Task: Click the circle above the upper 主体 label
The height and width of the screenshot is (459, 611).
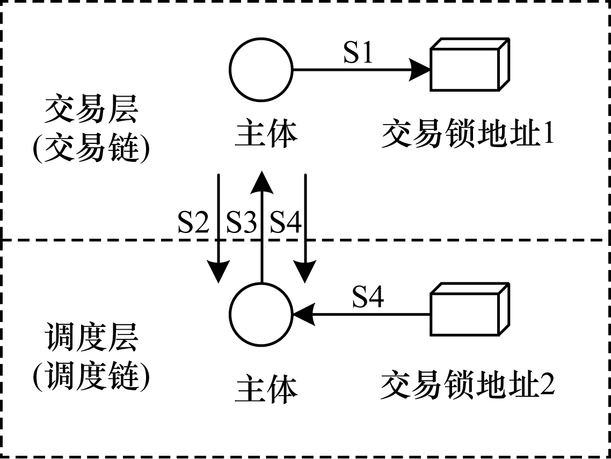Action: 261,69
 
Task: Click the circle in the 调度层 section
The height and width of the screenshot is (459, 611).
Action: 261,314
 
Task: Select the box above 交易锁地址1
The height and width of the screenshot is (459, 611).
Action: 470,65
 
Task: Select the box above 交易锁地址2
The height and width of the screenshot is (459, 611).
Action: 470,310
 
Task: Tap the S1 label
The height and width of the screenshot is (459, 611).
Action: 358,53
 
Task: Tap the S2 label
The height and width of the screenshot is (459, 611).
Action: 193,222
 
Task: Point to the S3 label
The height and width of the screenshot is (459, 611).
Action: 242,222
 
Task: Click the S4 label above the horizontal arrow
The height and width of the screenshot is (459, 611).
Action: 368,297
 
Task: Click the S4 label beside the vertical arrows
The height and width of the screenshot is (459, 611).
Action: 286,222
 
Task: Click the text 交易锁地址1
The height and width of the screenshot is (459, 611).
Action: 468,134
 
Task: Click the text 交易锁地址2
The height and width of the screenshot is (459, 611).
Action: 468,386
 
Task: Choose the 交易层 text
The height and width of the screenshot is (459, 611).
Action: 91,111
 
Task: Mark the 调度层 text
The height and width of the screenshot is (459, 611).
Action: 91,339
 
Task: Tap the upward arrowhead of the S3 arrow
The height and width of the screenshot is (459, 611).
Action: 261,183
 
